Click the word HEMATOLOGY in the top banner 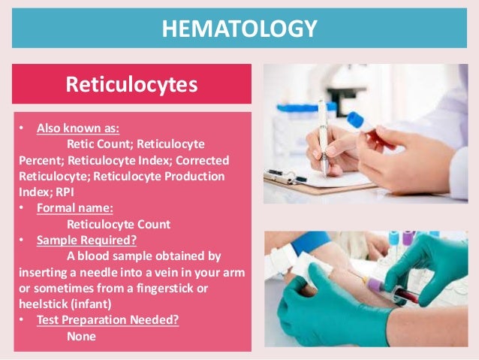coord(239,29)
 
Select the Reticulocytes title coord(132,84)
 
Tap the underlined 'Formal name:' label coord(72,207)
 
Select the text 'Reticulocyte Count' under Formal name coord(119,224)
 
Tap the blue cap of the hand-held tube coord(354,120)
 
